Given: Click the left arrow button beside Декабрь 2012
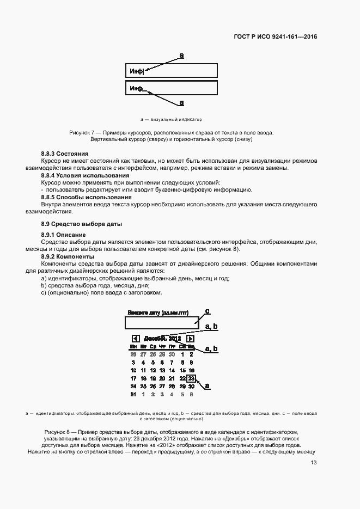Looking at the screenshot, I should tap(136, 339).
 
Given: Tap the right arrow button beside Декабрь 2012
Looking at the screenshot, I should tap(190, 339).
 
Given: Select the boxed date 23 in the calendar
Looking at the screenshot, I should tap(191, 378).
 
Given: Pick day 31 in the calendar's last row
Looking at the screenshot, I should tap(133, 394).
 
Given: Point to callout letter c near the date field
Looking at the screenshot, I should tap(207, 311).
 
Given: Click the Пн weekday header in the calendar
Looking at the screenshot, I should tap(133, 347).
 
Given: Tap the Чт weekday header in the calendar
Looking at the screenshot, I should tap(162, 347).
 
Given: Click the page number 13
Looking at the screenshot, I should tap(313, 463).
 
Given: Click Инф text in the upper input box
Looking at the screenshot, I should tap(136, 71).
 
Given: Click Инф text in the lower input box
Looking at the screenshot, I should tap(136, 88).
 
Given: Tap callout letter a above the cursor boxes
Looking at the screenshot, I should tap(181, 55).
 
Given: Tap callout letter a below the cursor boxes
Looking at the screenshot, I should tap(181, 102).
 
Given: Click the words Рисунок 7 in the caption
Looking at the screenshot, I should tap(82, 133).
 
